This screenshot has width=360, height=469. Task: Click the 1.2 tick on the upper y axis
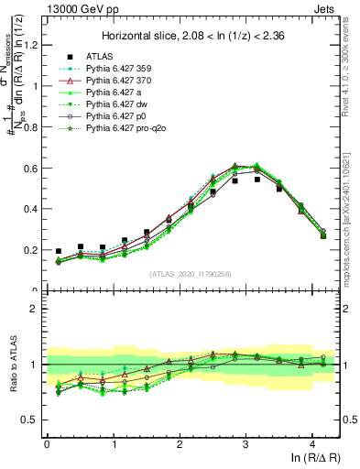[x=30, y=46]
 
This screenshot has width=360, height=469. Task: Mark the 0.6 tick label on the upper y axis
[x=30, y=169]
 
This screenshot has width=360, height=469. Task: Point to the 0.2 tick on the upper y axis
[x=30, y=250]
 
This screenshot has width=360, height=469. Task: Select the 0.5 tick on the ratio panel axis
[x=30, y=420]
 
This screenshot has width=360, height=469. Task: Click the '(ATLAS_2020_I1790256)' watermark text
[x=191, y=274]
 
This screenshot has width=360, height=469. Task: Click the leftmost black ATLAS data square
[x=59, y=251]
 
